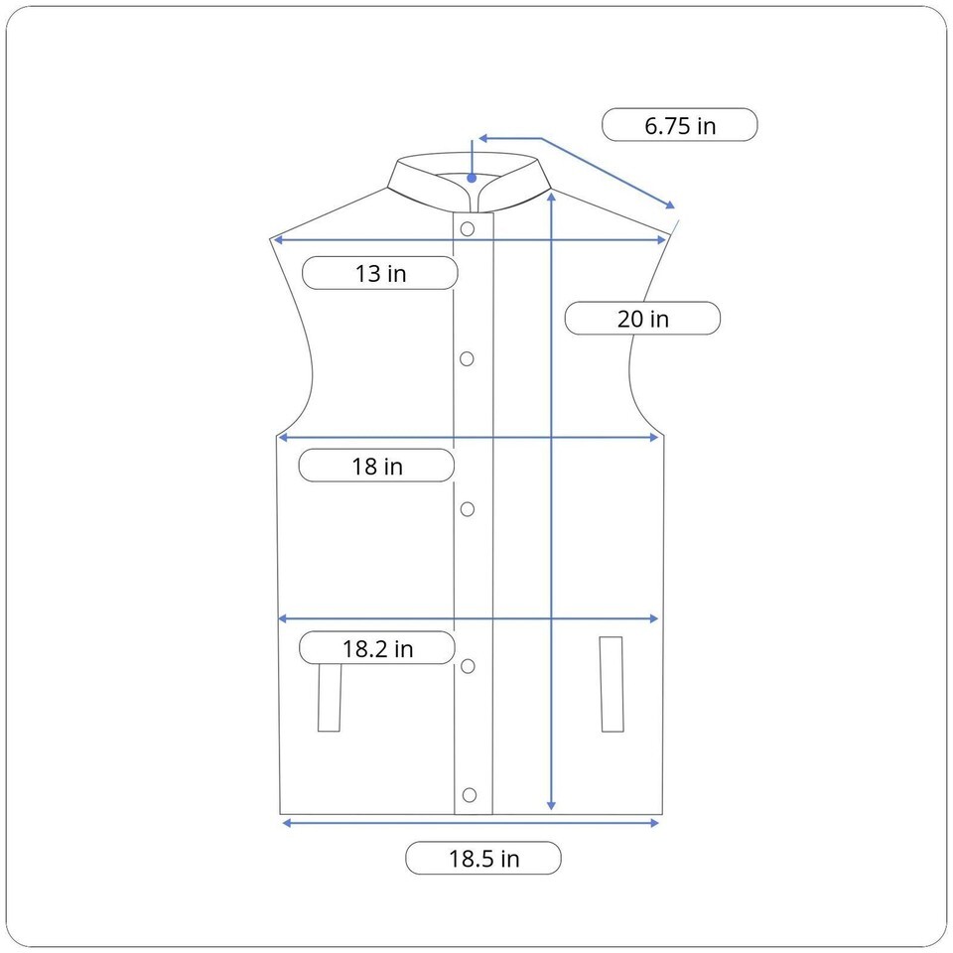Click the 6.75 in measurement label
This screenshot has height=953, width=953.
(679, 125)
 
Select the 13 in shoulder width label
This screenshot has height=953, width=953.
(380, 273)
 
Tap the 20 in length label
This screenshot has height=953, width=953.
(642, 318)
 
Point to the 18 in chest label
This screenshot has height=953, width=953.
(377, 466)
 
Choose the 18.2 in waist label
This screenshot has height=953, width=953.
(377, 648)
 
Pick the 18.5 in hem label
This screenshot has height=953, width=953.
(483, 858)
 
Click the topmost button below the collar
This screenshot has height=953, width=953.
(468, 229)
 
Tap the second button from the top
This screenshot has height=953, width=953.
(467, 359)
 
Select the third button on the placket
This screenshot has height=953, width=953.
(468, 509)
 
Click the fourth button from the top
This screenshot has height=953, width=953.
(468, 666)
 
